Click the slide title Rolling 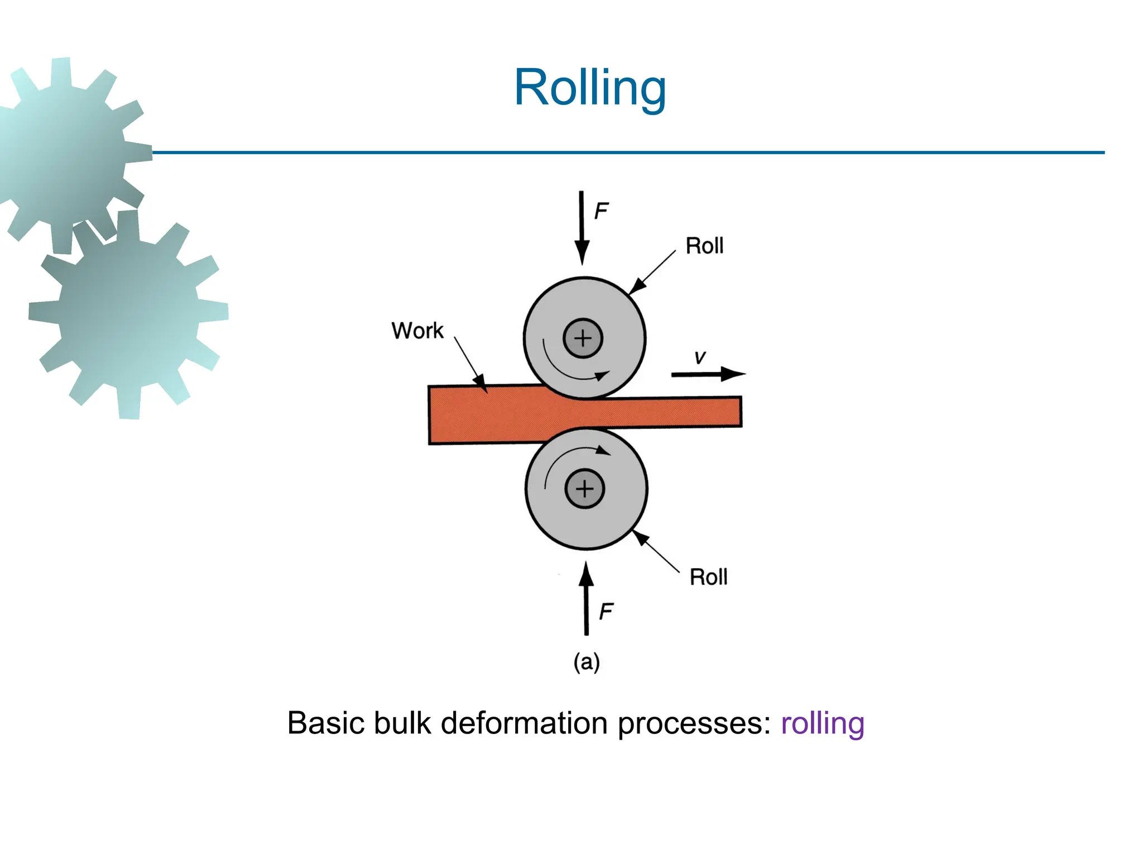pyautogui.click(x=590, y=88)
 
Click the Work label pyautogui.click(x=417, y=331)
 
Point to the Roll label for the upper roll pyautogui.click(x=704, y=246)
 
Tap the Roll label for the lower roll pyautogui.click(x=708, y=577)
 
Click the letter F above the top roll pyautogui.click(x=601, y=211)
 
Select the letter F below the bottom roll pyautogui.click(x=606, y=612)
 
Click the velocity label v pyautogui.click(x=700, y=357)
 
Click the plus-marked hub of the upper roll pyautogui.click(x=583, y=339)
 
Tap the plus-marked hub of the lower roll pyautogui.click(x=584, y=489)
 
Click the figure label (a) pyautogui.click(x=587, y=662)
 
